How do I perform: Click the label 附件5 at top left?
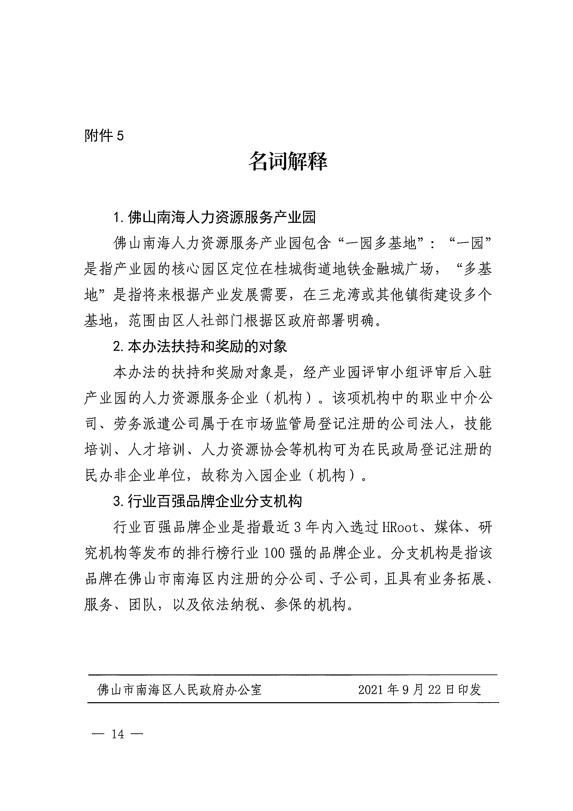pos(104,136)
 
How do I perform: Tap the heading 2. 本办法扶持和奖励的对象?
pos(200,347)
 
